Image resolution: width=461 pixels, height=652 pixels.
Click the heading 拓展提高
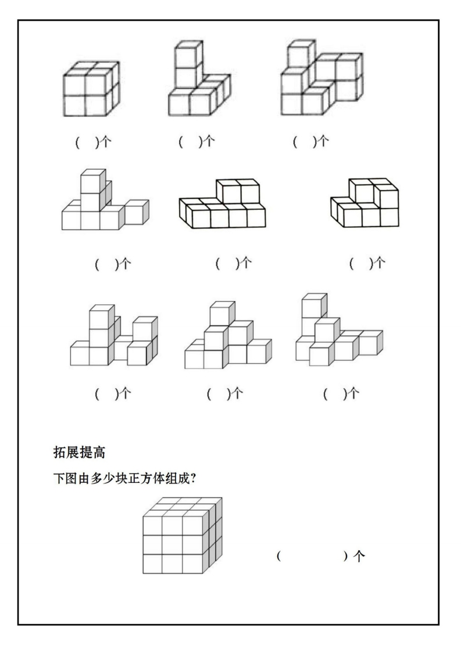[79, 452]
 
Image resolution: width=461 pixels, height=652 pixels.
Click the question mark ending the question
[193, 479]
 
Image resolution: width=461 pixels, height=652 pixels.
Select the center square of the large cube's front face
[172, 545]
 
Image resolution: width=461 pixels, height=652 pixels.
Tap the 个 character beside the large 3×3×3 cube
[359, 556]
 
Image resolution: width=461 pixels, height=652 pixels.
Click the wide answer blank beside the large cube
[312, 556]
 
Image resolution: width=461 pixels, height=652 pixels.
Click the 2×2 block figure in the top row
[91, 88]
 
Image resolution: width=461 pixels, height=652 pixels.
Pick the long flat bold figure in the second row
[222, 204]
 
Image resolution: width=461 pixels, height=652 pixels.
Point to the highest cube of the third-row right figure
[314, 306]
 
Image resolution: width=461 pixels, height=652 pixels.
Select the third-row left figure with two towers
[114, 335]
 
